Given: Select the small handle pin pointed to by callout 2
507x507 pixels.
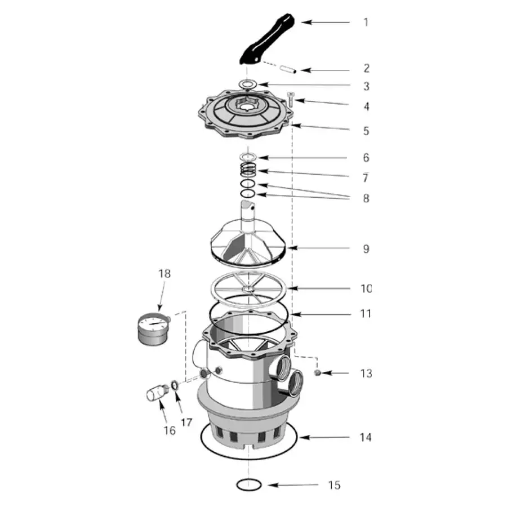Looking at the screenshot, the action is [288, 69].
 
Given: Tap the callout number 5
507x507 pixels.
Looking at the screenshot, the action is [366, 131].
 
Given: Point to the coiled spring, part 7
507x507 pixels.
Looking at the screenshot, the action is [248, 170].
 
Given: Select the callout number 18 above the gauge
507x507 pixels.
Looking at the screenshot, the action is [164, 274].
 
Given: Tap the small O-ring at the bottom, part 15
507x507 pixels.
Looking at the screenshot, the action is [248, 484].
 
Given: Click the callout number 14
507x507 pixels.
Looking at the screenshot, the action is [366, 438].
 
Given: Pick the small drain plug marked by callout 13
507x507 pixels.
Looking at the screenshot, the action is [318, 373].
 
